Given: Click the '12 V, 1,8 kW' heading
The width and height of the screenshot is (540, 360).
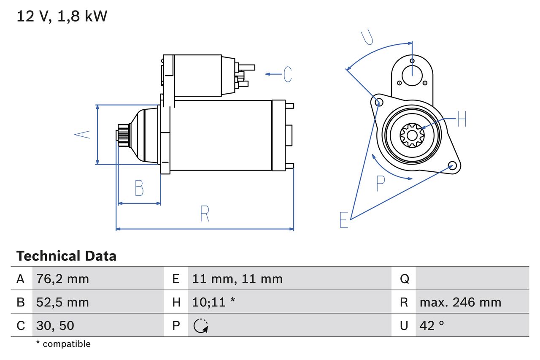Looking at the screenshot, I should click(x=62, y=16).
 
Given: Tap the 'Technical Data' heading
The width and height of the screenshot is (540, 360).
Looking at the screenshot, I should click(x=66, y=256).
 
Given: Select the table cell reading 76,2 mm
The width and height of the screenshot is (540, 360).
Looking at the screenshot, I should click(x=62, y=279).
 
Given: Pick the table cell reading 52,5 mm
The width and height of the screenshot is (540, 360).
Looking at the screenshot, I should click(x=62, y=302).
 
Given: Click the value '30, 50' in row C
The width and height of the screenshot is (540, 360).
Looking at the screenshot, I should click(x=55, y=325).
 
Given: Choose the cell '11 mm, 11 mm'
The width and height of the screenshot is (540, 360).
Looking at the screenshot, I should click(x=237, y=279).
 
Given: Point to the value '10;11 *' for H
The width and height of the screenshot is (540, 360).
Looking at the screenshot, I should click(x=213, y=302).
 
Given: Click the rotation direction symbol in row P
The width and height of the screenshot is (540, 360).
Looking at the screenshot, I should click(x=201, y=325).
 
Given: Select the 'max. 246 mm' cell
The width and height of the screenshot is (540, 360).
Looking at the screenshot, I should click(x=460, y=302).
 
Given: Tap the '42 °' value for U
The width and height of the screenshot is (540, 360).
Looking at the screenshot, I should click(x=432, y=325).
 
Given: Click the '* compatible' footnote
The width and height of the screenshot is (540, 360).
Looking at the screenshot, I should click(x=63, y=344).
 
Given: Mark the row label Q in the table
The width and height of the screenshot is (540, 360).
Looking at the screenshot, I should click(x=404, y=279).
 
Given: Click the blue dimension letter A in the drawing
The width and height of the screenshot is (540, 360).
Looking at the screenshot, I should click(x=82, y=135).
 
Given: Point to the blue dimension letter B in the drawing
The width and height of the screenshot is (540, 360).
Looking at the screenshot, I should click(x=139, y=188).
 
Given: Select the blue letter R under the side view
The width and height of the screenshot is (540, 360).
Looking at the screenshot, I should click(x=205, y=214).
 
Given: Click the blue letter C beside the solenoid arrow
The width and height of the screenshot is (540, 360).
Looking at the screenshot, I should click(x=287, y=74).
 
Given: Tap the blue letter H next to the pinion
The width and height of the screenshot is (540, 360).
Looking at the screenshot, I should click(x=462, y=120).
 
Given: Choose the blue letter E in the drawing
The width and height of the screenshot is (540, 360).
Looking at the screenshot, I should click(x=344, y=220).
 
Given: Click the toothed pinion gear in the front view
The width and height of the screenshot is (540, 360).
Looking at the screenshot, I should click(x=411, y=135).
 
